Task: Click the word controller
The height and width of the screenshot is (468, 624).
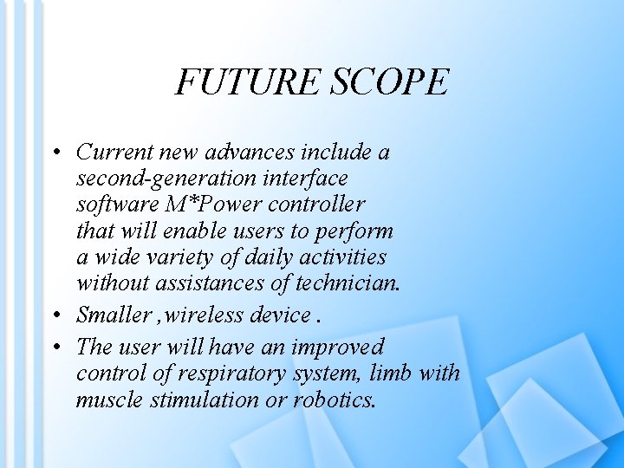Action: click(318, 205)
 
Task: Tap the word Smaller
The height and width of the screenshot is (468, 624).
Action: click(113, 314)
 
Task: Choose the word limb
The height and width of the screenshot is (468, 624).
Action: click(389, 374)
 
